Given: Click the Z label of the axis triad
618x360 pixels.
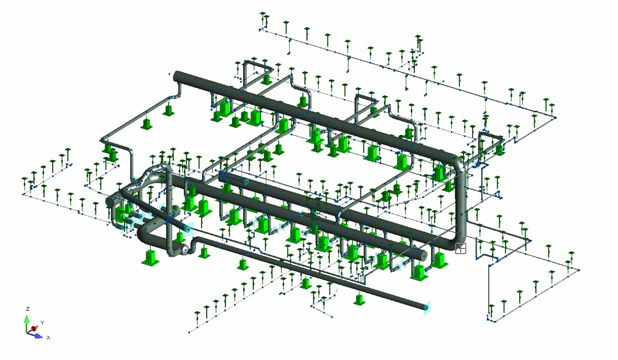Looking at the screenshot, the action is tap(28, 309).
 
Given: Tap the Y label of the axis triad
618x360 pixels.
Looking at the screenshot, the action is tap(42, 323).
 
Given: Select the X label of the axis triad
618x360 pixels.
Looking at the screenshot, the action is tap(48, 338).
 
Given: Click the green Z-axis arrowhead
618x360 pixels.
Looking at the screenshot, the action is tap(27, 319).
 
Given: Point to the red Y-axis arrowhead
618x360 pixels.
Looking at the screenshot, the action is tap(34, 329).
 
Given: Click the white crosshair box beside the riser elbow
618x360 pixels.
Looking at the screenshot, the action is tap(461, 249).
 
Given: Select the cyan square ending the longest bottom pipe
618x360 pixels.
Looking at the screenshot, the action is tap(427, 307).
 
